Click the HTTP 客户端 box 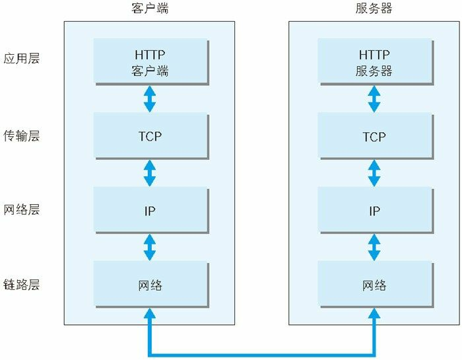pos(150,61)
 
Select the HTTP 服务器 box pos(374,61)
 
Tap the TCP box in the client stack pos(150,136)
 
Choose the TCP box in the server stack pos(374,136)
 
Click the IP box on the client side pos(150,211)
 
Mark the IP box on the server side pos(374,211)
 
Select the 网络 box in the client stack pos(150,285)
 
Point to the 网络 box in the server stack pos(374,285)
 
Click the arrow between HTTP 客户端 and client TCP pos(150,98)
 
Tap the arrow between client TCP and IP pos(150,173)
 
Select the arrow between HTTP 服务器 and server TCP pos(374,98)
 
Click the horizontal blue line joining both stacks pos(262,353)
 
